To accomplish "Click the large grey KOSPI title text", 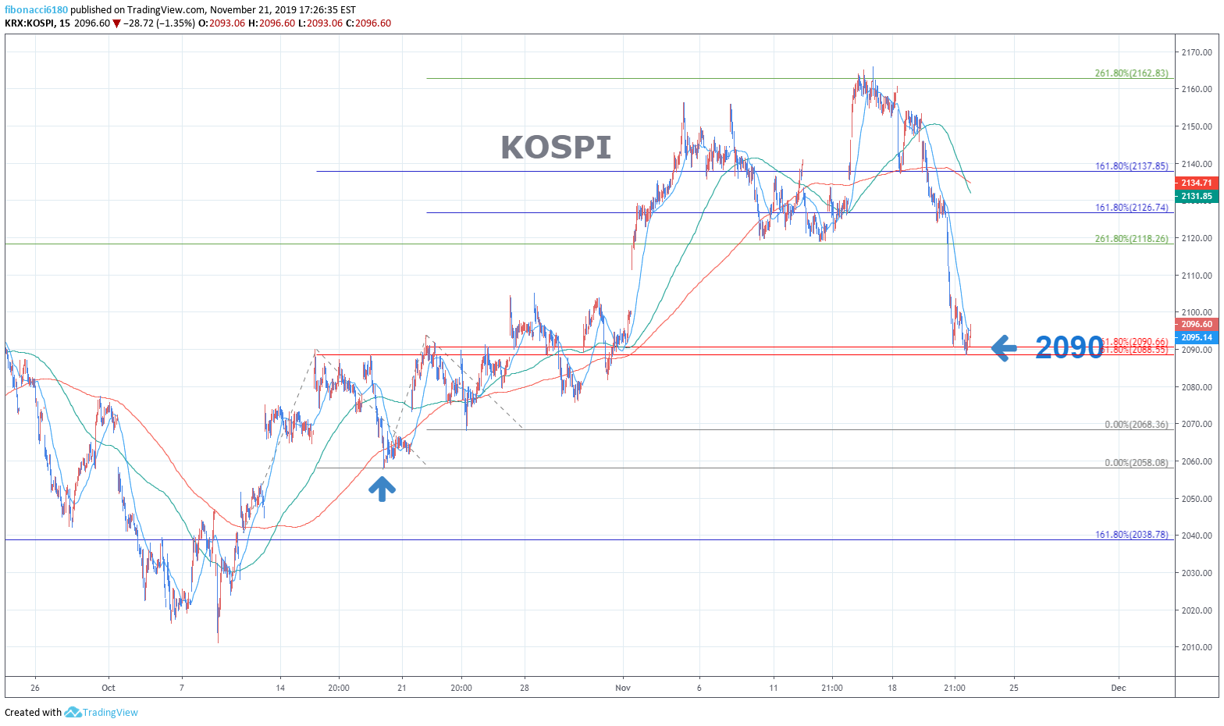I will tap(556, 148).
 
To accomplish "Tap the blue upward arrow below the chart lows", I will tap(382, 489).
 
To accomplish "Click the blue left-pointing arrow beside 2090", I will tap(1004, 347).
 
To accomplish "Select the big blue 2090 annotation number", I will tap(1069, 347).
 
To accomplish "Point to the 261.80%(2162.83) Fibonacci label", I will tap(1131, 73).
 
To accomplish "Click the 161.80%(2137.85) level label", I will tap(1131, 166).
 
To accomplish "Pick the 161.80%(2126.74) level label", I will tap(1131, 208).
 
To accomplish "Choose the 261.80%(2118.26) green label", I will tap(1131, 239).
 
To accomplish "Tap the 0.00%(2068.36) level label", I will tap(1136, 425).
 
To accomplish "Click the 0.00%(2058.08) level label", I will tap(1136, 463).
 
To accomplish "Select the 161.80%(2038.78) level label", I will tap(1131, 535).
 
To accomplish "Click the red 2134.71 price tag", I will tap(1197, 183).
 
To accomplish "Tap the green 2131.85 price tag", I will tap(1197, 196).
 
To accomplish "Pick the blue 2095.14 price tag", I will tap(1197, 337).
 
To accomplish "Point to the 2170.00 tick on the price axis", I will tap(1197, 52).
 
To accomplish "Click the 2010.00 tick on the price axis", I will tap(1197, 647).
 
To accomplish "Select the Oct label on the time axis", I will tap(109, 688).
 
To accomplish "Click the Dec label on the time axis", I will tap(1119, 688).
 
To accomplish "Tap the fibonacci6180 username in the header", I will tap(36, 10).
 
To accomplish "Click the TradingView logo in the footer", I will tap(101, 712).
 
